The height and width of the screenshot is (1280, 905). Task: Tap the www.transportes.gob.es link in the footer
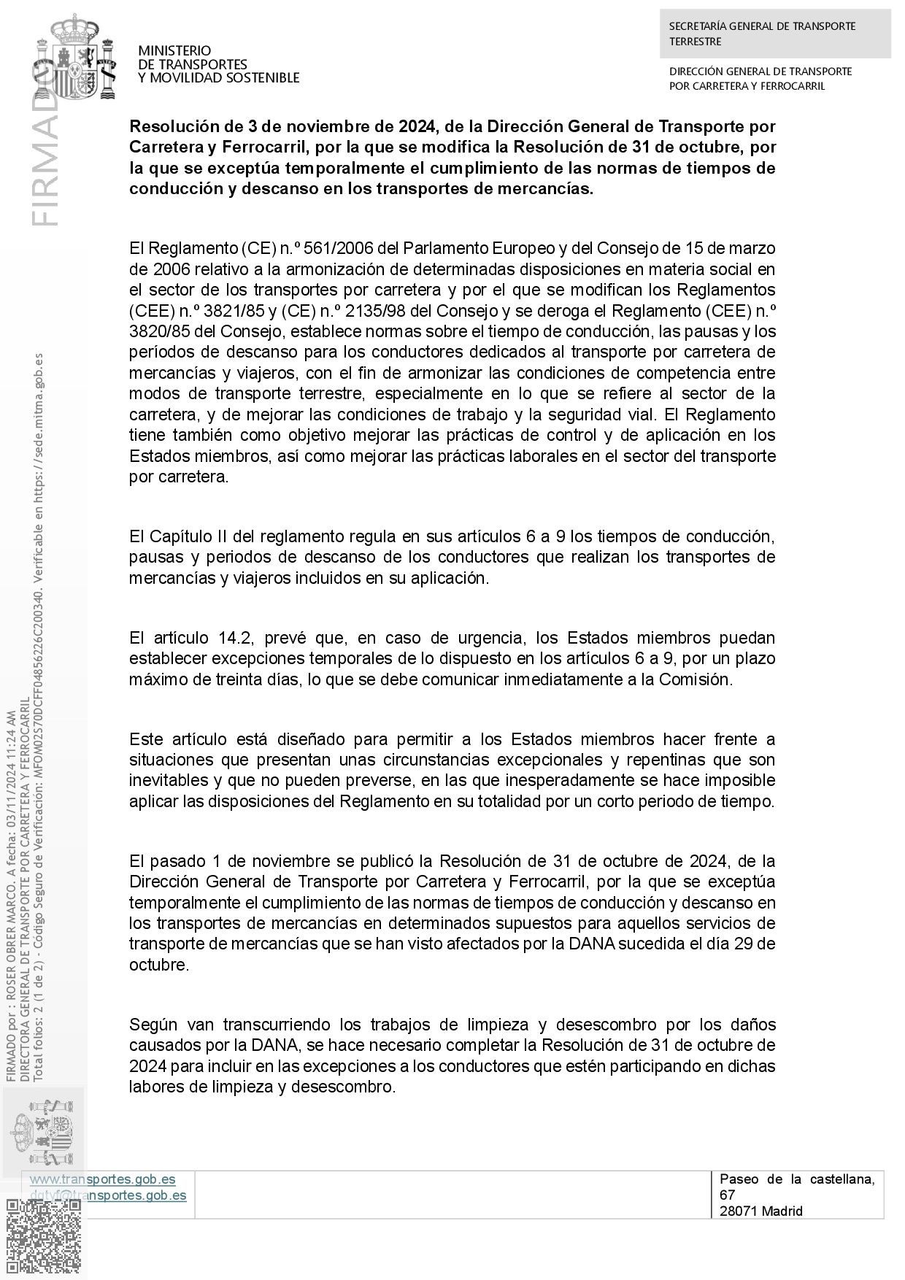(x=102, y=1179)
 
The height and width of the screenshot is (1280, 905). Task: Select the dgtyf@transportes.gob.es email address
(x=107, y=1195)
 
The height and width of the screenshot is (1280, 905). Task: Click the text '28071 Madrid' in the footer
(x=760, y=1211)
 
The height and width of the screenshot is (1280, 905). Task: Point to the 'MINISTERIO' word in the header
(x=174, y=50)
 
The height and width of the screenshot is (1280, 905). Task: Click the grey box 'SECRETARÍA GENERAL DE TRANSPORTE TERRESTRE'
(x=775, y=34)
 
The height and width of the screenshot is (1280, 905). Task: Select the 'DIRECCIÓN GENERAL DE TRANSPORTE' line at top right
(x=760, y=72)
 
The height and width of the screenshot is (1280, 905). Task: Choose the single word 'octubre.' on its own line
(x=159, y=965)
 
